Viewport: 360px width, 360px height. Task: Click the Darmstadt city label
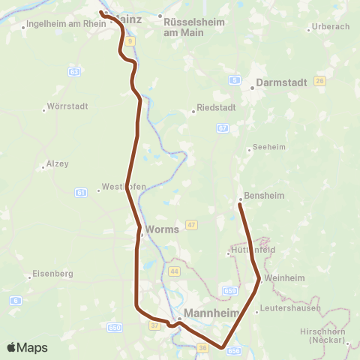[281, 82]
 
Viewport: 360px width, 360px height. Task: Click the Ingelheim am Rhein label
[67, 24]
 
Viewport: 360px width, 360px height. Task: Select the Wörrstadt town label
[67, 106]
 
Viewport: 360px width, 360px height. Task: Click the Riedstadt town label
[216, 107]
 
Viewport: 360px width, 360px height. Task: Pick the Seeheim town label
[270, 148]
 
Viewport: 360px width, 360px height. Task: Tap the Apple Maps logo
[27, 347]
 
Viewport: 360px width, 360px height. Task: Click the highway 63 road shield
[73, 72]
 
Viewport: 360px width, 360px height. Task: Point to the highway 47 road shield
[193, 225]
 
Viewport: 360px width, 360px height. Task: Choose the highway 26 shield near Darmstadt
[320, 80]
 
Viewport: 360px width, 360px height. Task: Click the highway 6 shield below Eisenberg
[15, 301]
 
